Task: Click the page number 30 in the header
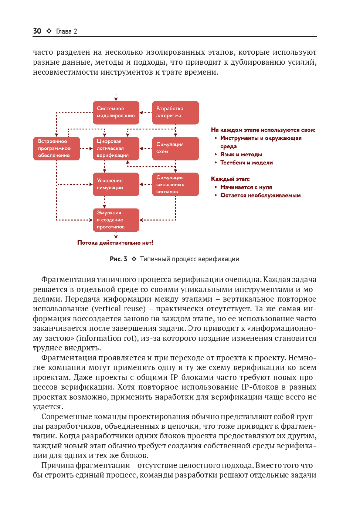(37, 31)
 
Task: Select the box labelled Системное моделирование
(116, 112)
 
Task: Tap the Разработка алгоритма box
(175, 112)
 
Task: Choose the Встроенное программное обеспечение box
(56, 148)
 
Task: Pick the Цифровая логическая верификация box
(116, 148)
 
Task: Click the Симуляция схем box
(175, 148)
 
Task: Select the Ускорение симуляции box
(116, 184)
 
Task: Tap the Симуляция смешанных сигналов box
(175, 184)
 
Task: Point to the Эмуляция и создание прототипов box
(116, 220)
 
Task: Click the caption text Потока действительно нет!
(115, 243)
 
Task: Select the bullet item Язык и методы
(241, 154)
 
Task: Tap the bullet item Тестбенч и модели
(246, 163)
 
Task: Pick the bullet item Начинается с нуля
(246, 187)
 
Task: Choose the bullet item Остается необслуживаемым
(260, 196)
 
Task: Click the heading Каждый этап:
(230, 179)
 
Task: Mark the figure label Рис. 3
(118, 259)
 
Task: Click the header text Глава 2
(67, 31)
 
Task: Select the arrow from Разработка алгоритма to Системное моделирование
(146, 113)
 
